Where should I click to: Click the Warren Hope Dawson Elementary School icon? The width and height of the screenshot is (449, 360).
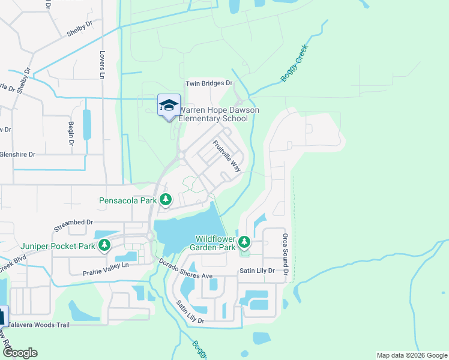coord(169,106)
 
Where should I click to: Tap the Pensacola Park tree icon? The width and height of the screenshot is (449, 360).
coord(166,199)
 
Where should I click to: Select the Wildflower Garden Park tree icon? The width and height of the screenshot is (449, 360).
coord(244,242)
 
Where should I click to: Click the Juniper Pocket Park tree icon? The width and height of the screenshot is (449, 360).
coord(104,245)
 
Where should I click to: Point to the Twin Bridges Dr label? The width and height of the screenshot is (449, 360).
coord(209,83)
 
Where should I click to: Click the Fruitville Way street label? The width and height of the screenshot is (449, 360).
coord(227,156)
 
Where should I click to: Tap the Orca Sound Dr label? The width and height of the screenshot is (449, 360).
coord(286,255)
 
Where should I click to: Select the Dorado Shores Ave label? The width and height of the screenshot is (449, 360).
coord(186,269)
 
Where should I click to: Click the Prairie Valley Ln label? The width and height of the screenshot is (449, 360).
coord(106,268)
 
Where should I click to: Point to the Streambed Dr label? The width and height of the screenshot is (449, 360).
coord(73,226)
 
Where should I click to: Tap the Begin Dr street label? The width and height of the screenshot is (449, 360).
coord(71,133)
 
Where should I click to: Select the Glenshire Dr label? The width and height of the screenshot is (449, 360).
coord(18,154)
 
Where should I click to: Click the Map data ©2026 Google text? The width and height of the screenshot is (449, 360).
coord(411,355)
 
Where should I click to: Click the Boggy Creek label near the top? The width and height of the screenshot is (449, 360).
coord(294,63)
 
